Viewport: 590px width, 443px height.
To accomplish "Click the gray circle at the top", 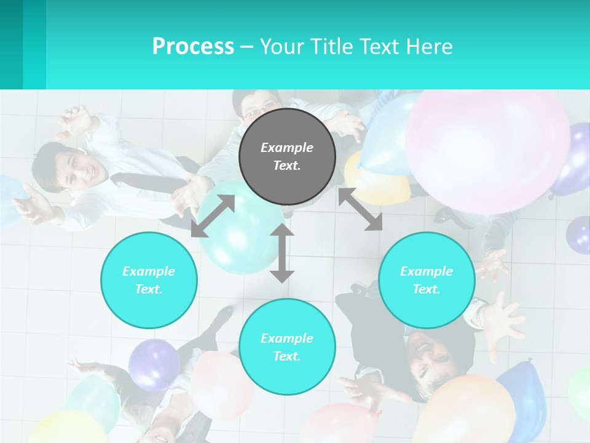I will (x=287, y=156).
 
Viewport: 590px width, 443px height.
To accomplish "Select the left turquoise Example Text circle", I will (x=149, y=280).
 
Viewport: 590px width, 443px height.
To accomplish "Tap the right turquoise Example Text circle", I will (x=427, y=280).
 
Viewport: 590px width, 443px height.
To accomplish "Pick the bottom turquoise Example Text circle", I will (x=287, y=347).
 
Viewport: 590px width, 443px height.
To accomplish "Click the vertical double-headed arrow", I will (x=282, y=253).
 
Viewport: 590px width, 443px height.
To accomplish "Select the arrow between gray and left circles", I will (x=213, y=216).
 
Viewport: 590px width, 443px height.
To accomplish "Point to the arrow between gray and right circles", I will (x=361, y=210).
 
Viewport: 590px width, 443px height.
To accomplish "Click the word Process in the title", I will (x=193, y=46).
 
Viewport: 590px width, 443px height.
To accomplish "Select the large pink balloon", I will (x=487, y=151).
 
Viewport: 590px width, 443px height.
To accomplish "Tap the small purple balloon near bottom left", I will (x=154, y=364).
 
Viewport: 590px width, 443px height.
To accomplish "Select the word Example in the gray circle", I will (x=287, y=148).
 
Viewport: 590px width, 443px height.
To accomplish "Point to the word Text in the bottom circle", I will (x=287, y=356).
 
